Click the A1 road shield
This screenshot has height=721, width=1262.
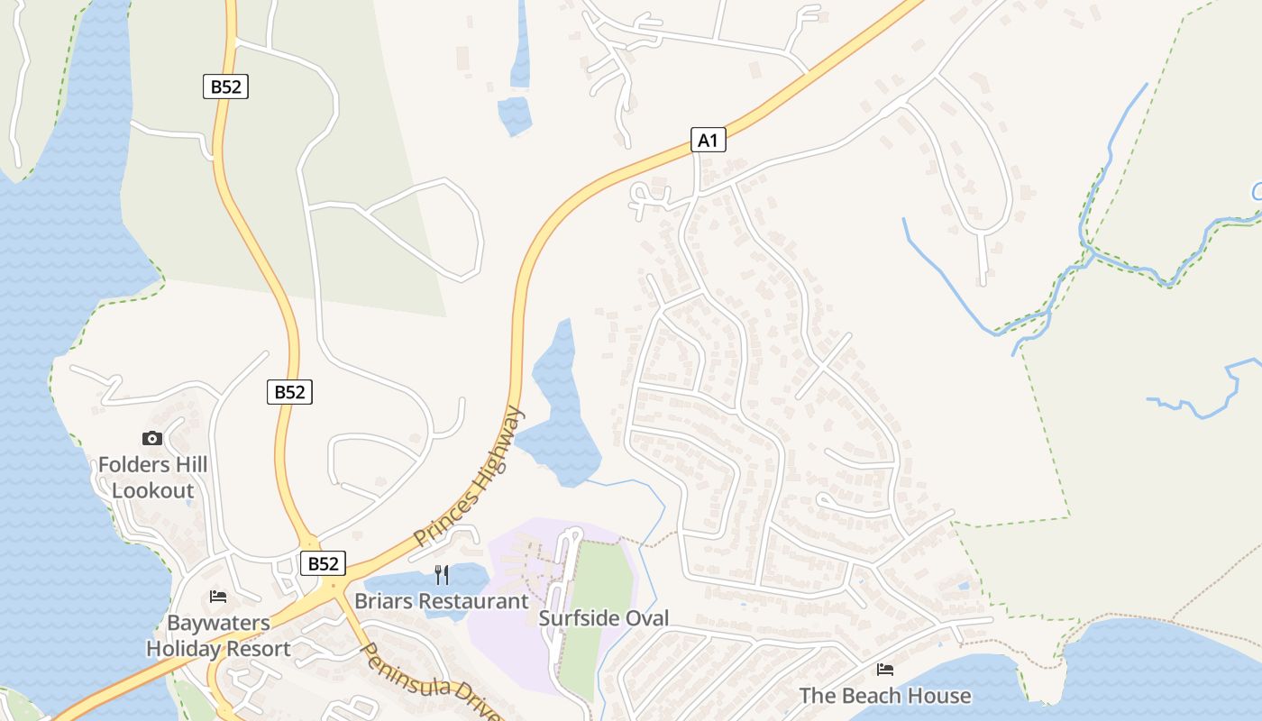point(709,140)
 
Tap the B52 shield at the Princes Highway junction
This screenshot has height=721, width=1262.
point(322,563)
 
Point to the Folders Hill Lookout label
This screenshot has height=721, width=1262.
point(153,478)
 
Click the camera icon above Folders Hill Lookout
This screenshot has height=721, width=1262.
point(152,439)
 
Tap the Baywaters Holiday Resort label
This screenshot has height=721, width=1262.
point(218,636)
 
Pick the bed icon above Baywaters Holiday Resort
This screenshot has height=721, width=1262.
point(218,597)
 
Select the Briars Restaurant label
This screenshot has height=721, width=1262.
point(442,601)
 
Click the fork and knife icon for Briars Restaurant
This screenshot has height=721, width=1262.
point(442,575)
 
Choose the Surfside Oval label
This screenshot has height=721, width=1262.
point(604,618)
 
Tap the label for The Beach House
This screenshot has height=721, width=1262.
point(885,696)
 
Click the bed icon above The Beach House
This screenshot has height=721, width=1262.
point(885,670)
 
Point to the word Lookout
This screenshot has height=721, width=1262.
point(153,491)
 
